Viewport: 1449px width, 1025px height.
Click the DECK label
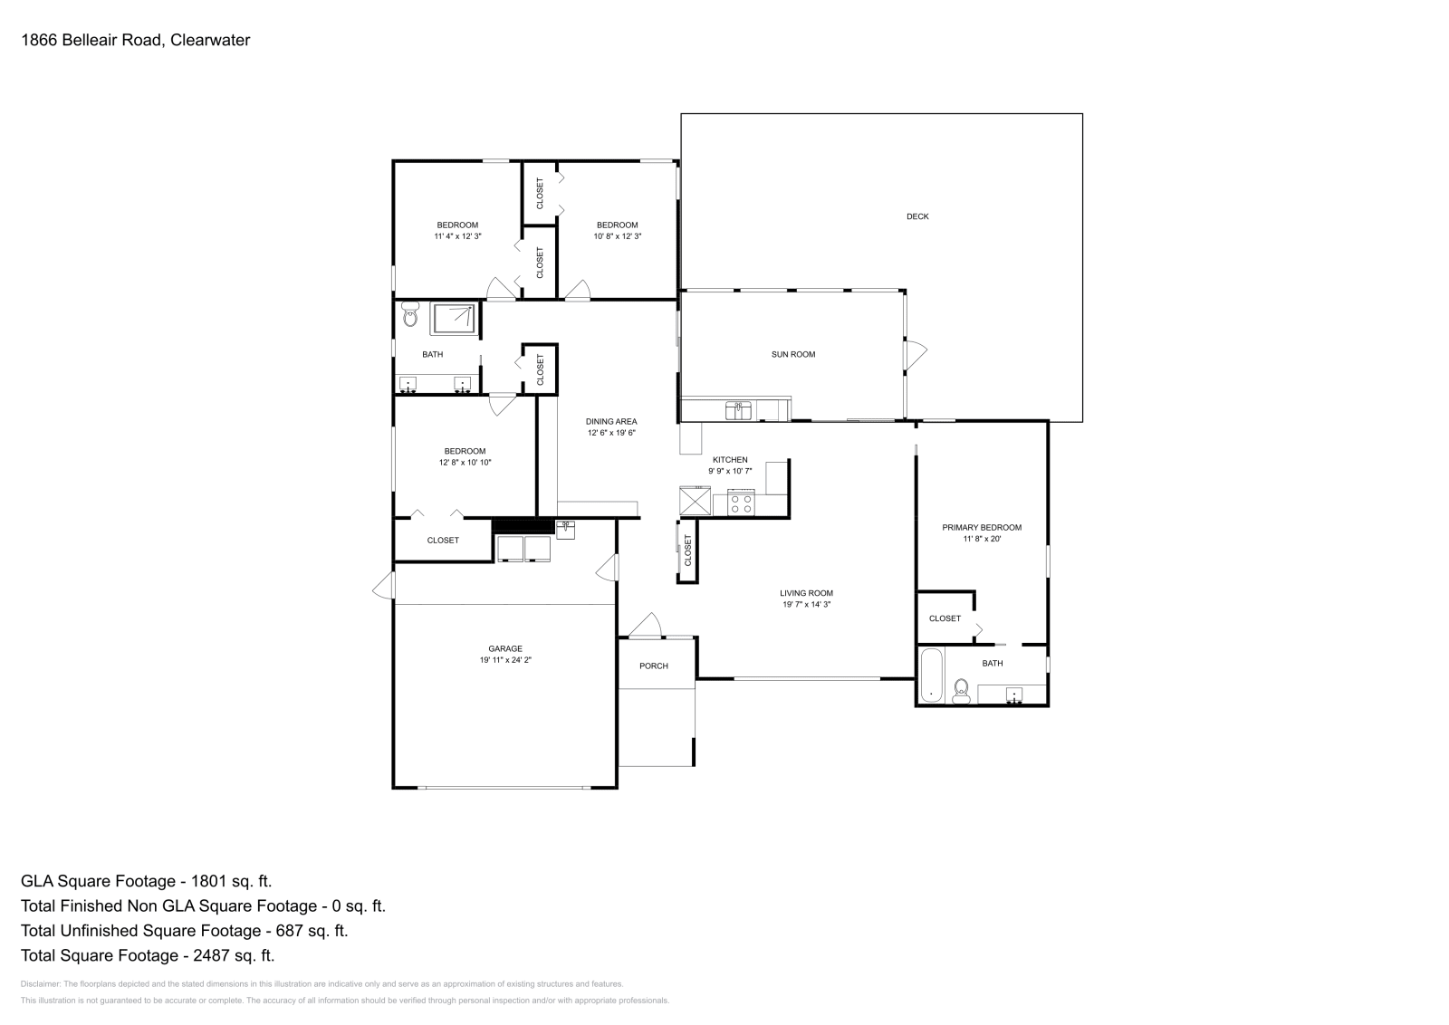click(x=917, y=216)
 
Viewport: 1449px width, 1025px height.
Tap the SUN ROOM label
click(x=793, y=354)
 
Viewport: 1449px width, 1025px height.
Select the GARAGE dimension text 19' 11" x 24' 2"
click(x=505, y=659)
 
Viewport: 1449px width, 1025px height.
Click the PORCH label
click(x=653, y=666)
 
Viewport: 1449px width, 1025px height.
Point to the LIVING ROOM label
click(x=806, y=593)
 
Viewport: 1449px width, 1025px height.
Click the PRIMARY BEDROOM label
click(x=982, y=527)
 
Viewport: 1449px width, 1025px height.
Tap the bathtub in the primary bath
click(x=932, y=675)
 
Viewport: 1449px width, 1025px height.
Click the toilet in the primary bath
click(x=961, y=691)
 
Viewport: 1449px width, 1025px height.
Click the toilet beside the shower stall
click(x=410, y=313)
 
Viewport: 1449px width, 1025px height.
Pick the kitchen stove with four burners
click(x=742, y=503)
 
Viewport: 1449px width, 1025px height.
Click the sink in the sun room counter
click(x=738, y=410)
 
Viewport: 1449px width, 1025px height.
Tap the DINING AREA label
click(x=611, y=422)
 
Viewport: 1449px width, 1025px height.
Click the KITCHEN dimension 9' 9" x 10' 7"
click(x=730, y=471)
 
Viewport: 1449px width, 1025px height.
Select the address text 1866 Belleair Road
click(x=91, y=40)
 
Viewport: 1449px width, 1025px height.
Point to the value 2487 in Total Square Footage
click(x=211, y=955)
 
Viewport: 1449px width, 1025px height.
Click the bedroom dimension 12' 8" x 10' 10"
click(x=465, y=463)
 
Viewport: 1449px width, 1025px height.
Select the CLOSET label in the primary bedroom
click(x=945, y=618)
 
